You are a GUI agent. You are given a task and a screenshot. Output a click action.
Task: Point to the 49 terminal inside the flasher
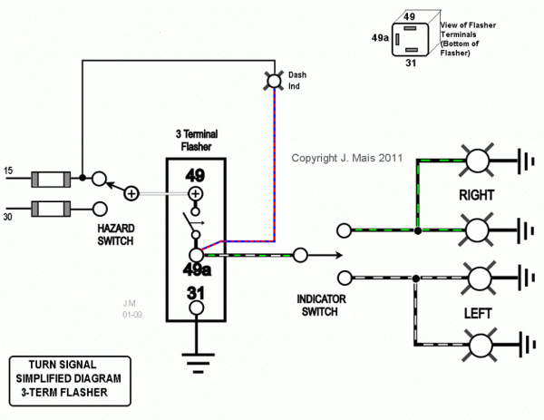pos(195,175)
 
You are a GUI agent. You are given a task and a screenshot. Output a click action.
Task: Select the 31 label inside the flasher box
pos(195,293)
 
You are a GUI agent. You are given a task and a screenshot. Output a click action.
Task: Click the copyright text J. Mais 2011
pos(346,157)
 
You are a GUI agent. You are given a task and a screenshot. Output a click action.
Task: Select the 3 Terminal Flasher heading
pos(196,140)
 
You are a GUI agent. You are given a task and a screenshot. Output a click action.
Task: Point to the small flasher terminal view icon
pos(411,39)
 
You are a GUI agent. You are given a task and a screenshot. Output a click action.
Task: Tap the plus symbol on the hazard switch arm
pos(131,192)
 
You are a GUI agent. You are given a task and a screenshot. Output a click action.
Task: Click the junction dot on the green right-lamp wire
pos(417,231)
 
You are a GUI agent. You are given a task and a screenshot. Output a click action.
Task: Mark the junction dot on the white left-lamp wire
pos(415,278)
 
